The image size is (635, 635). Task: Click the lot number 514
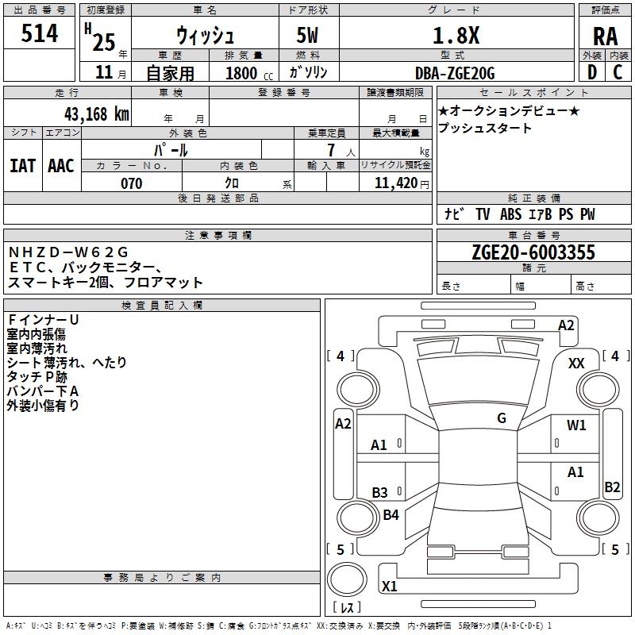tap(39, 33)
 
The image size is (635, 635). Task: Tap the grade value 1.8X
tap(456, 35)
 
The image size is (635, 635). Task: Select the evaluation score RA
tap(606, 37)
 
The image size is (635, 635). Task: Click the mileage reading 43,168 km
tap(96, 114)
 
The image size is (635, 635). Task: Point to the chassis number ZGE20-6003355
tap(533, 252)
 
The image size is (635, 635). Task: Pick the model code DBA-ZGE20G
tap(455, 73)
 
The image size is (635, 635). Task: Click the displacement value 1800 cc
tap(249, 73)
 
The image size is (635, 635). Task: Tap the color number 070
tap(131, 183)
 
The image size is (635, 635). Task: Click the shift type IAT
tap(22, 166)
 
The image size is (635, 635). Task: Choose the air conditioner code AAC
tap(61, 166)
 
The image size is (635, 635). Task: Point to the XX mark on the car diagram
tap(576, 364)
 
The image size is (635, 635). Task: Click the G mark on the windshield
tap(502, 418)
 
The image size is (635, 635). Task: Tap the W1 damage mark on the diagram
tap(576, 425)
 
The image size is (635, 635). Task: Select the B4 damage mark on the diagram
tap(391, 514)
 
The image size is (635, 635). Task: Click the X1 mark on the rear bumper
tap(389, 586)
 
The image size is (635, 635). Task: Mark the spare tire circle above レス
tap(347, 579)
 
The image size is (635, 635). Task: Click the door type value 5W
tap(307, 35)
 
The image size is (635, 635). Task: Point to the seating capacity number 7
tap(331, 150)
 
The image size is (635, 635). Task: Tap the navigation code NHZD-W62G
tap(68, 252)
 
